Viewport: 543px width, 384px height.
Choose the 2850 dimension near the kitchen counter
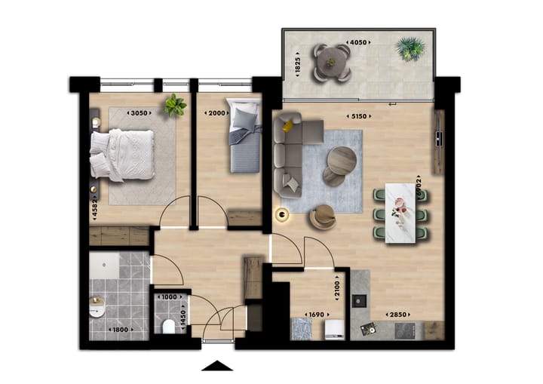(x=397, y=315)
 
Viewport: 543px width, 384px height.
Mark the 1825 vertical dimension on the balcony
(x=297, y=63)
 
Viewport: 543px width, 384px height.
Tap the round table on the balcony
(x=332, y=62)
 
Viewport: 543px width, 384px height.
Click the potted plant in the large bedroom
(x=175, y=105)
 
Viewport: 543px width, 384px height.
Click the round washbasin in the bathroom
(x=97, y=309)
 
